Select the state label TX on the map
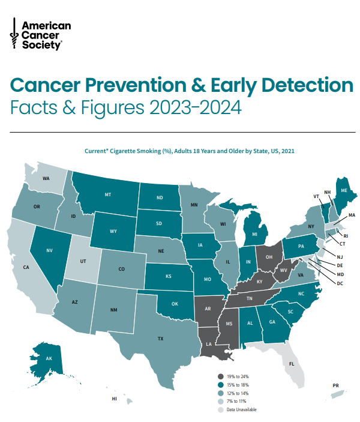160,339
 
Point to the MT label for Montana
108,195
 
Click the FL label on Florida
292,364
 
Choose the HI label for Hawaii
113,399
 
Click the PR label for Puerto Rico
335,385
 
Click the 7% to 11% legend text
238,402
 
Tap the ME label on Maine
343,190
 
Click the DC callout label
339,283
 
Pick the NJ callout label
340,256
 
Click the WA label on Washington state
46,179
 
